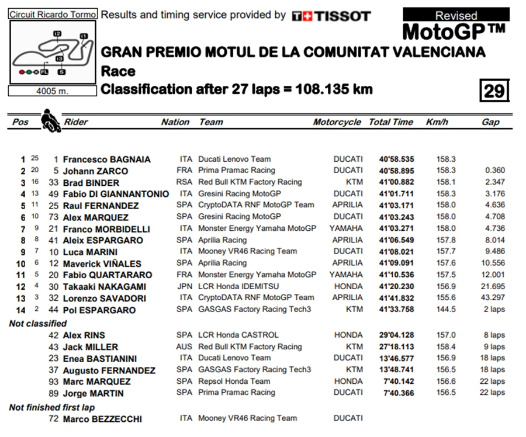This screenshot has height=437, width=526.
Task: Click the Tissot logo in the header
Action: [x=331, y=16]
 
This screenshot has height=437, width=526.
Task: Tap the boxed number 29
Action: [x=494, y=91]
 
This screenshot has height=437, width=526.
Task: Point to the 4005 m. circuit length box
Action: [x=53, y=91]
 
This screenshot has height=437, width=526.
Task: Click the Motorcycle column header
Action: [x=337, y=122]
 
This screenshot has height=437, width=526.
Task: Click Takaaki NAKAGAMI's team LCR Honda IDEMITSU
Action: [x=238, y=286]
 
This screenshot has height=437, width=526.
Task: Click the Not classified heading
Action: [x=38, y=323]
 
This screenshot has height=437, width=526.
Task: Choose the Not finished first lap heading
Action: [x=52, y=407]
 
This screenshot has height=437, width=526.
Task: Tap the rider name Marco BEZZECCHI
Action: [x=102, y=419]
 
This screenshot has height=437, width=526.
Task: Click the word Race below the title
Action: [x=118, y=71]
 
